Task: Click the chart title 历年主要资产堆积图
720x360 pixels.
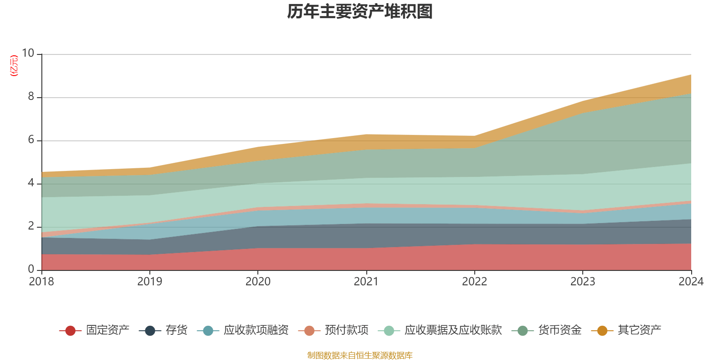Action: pyautogui.click(x=360, y=12)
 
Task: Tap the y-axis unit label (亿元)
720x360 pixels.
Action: pyautogui.click(x=14, y=66)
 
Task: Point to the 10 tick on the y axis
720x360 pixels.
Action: pyautogui.click(x=28, y=53)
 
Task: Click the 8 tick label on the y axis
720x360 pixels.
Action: pyautogui.click(x=31, y=96)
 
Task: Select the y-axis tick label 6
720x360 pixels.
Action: pyautogui.click(x=31, y=139)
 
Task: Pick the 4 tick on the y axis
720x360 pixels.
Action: pyautogui.click(x=31, y=183)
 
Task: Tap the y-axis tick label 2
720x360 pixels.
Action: pyautogui.click(x=31, y=226)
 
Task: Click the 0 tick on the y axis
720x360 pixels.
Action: pyautogui.click(x=31, y=269)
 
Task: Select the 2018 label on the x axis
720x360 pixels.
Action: pyautogui.click(x=41, y=282)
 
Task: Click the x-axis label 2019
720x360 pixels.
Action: pyautogui.click(x=149, y=282)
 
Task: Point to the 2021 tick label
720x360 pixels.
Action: pyautogui.click(x=366, y=282)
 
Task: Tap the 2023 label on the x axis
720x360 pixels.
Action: pyautogui.click(x=583, y=282)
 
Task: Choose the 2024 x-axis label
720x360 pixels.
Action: pyautogui.click(x=691, y=282)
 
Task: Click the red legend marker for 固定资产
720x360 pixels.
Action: pyautogui.click(x=70, y=331)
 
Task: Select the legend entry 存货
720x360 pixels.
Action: pyautogui.click(x=176, y=330)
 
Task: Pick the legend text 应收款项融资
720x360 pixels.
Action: pyautogui.click(x=256, y=330)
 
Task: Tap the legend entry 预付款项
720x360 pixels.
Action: pyautogui.click(x=346, y=330)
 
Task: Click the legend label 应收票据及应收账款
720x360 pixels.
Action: pyautogui.click(x=453, y=330)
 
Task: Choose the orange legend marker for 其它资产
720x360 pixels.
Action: pyautogui.click(x=602, y=331)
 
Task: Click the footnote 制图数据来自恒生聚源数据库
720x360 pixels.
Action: pyautogui.click(x=360, y=355)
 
